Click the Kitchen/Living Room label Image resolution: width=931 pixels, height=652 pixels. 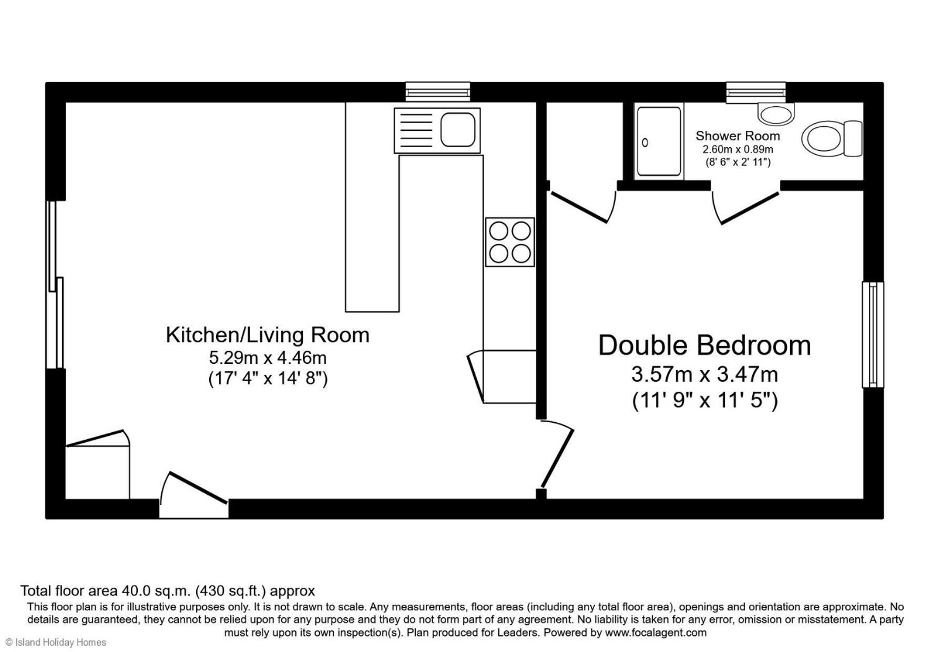pyautogui.click(x=268, y=335)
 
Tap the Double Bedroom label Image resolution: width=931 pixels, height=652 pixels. pyautogui.click(x=704, y=345)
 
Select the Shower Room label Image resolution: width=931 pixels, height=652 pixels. pyautogui.click(x=738, y=136)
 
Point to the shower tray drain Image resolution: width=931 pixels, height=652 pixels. pyautogui.click(x=645, y=142)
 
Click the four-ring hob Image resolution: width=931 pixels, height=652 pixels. pyautogui.click(x=510, y=242)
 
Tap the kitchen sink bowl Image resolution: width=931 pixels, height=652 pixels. pyautogui.click(x=457, y=129)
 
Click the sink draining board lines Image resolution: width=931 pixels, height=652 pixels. pyautogui.click(x=416, y=130)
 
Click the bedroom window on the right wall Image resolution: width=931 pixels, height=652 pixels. pyautogui.click(x=873, y=334)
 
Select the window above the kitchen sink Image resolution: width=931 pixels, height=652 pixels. pyautogui.click(x=437, y=92)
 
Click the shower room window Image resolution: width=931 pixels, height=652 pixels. pyautogui.click(x=756, y=93)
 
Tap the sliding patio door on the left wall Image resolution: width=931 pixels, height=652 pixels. pyautogui.click(x=55, y=284)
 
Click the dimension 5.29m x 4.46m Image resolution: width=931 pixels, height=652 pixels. pyautogui.click(x=268, y=358)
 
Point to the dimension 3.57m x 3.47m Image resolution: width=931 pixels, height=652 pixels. pyautogui.click(x=704, y=374)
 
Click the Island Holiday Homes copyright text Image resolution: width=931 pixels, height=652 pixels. pyautogui.click(x=56, y=643)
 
